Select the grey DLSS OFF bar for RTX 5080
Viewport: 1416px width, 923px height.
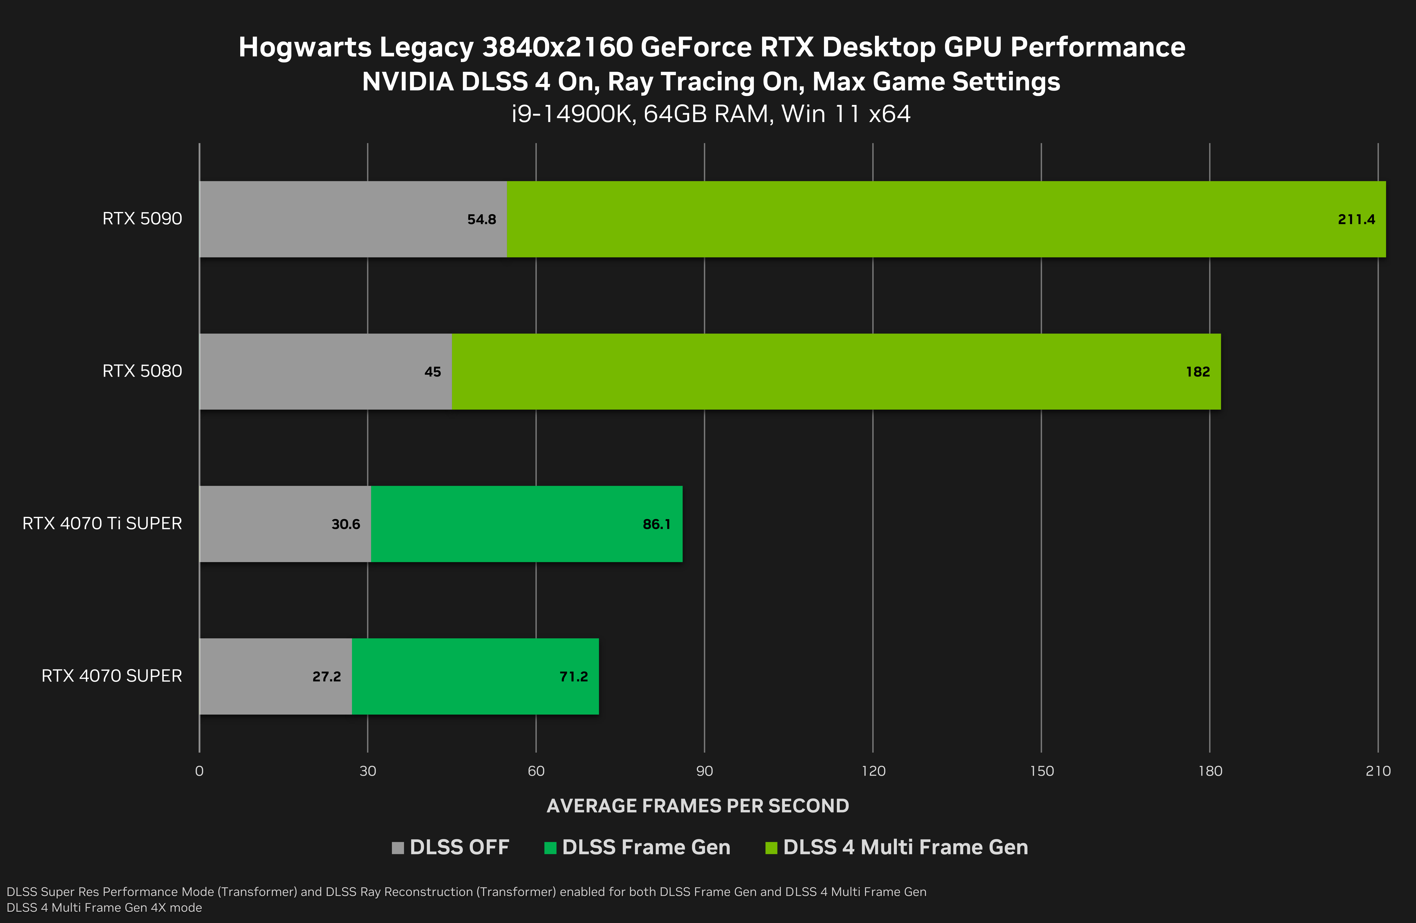point(309,371)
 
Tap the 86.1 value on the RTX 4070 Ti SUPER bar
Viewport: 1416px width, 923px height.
point(656,524)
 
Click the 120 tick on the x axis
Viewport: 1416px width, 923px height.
point(873,771)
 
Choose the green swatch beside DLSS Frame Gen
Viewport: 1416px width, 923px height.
point(550,847)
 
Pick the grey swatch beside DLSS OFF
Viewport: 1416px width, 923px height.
point(397,847)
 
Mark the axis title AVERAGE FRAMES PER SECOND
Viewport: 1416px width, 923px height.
point(697,806)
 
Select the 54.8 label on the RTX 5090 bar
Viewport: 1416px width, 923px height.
point(481,220)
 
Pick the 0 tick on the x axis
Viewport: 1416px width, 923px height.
point(199,771)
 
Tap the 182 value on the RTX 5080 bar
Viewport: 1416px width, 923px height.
point(1198,372)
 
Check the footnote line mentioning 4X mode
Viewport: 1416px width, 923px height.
point(104,907)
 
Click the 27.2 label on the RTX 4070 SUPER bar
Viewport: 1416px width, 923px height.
point(327,677)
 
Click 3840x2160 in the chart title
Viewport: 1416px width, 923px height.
point(557,48)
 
